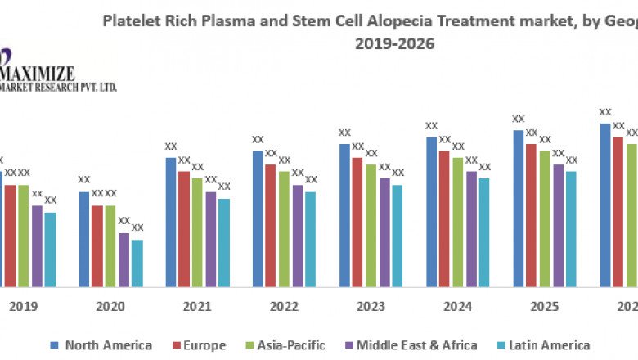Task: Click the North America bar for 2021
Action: pos(171,222)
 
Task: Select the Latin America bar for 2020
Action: pos(137,263)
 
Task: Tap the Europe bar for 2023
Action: pos(357,222)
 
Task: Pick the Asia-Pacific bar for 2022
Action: pos(284,228)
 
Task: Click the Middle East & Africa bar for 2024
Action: pos(471,228)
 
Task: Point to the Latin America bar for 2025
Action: pos(571,228)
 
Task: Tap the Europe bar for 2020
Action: pos(97,245)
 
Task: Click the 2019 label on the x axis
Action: pos(24,307)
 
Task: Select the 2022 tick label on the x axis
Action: pos(284,307)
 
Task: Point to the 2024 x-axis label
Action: pos(458,307)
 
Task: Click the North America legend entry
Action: pos(101,345)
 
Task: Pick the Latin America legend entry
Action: pos(550,345)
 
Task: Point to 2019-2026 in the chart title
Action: pos(394,43)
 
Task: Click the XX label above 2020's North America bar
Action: pos(84,180)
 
